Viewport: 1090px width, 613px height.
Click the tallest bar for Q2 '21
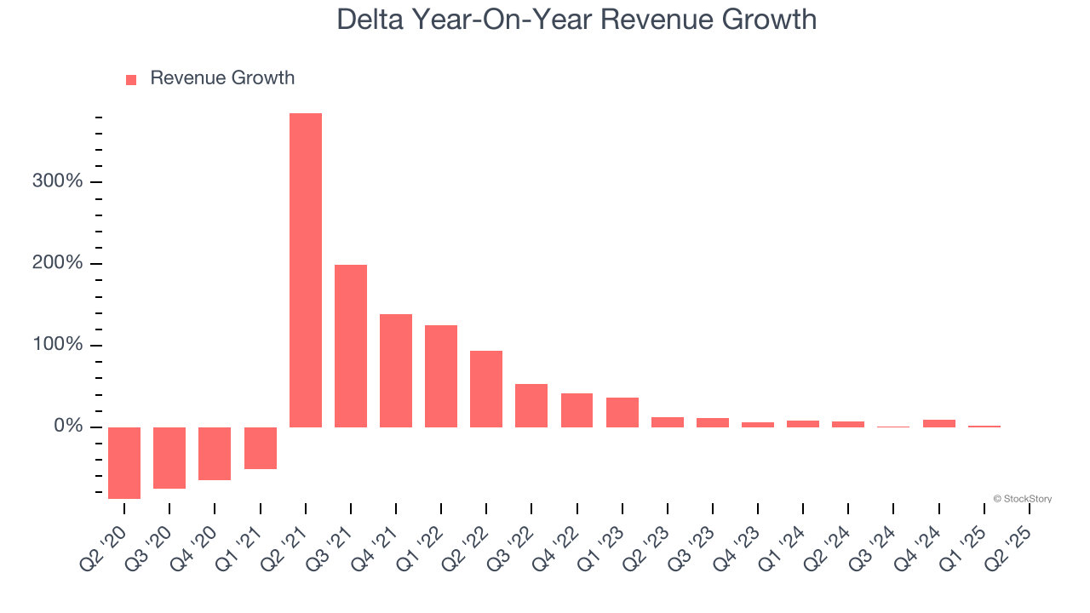point(306,270)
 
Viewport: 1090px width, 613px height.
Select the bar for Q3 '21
point(351,346)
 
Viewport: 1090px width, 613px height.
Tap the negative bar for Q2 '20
point(124,462)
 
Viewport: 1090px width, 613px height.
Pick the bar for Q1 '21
point(261,448)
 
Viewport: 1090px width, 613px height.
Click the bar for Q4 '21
point(396,370)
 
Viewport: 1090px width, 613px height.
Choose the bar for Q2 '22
point(486,389)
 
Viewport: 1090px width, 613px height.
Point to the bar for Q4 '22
point(577,410)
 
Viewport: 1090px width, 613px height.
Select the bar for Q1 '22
point(441,376)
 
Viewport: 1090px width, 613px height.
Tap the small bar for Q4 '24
point(939,423)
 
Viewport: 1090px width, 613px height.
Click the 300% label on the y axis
point(57,181)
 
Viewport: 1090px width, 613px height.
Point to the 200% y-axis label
point(57,263)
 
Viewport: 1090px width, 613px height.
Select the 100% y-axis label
point(57,345)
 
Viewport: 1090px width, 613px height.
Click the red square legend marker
point(131,80)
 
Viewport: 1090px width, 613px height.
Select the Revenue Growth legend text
point(222,78)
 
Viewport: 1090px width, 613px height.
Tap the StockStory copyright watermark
point(1022,499)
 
